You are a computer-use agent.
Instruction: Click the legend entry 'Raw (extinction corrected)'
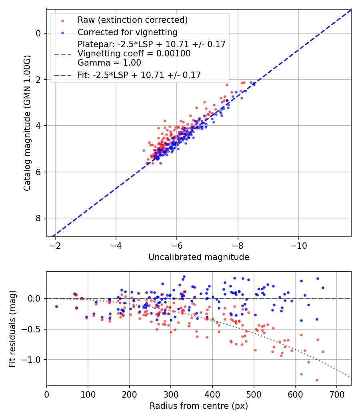(132, 20)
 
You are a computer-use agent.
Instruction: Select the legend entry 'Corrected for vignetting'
(127, 32)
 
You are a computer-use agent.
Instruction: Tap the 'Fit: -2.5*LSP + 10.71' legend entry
(139, 75)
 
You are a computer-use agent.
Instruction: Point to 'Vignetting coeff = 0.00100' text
(134, 53)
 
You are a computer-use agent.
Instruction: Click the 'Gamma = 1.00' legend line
(109, 62)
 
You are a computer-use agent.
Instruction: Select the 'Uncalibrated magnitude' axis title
(199, 257)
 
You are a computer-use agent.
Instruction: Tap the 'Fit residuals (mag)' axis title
(12, 328)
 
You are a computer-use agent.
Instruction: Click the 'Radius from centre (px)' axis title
(199, 406)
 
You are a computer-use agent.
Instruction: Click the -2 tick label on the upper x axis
(55, 245)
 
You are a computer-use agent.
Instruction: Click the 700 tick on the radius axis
(336, 394)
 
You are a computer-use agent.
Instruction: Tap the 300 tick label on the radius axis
(171, 394)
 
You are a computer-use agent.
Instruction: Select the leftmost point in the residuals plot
(56, 306)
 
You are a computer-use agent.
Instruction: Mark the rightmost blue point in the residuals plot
(323, 288)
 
